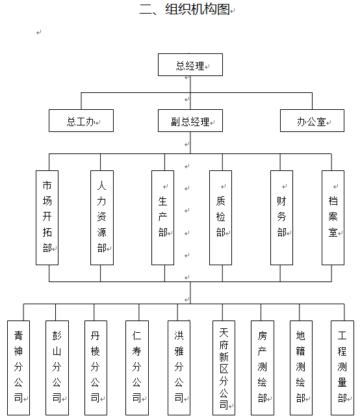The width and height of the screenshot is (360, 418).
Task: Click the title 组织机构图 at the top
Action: click(x=184, y=9)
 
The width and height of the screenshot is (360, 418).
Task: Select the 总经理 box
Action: click(x=190, y=65)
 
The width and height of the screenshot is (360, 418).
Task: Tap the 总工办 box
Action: click(x=81, y=120)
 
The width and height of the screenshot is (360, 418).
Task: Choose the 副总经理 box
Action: click(x=190, y=120)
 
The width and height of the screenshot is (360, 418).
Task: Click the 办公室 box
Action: click(x=312, y=120)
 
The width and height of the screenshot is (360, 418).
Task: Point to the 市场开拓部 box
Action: click(x=47, y=218)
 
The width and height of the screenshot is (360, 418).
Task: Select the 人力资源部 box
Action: click(x=102, y=218)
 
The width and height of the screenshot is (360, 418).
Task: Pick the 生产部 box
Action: click(x=163, y=218)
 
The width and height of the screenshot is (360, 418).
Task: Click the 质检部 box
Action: click(x=221, y=218)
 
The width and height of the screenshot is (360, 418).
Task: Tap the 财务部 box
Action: click(x=281, y=218)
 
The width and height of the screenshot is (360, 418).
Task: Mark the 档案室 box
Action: click(x=333, y=218)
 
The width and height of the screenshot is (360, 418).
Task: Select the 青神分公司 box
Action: click(x=18, y=368)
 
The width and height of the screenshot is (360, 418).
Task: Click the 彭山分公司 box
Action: click(x=57, y=368)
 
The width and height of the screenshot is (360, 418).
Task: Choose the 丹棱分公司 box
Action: click(x=96, y=368)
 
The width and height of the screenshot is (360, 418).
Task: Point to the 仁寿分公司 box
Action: click(x=137, y=368)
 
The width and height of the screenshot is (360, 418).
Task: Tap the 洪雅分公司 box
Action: click(x=179, y=368)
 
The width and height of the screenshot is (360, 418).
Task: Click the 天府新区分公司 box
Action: click(x=224, y=368)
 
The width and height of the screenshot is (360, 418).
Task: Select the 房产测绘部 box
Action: click(x=263, y=368)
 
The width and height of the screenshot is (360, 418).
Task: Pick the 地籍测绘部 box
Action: click(x=301, y=368)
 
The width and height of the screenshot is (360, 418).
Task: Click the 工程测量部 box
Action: click(x=342, y=368)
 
